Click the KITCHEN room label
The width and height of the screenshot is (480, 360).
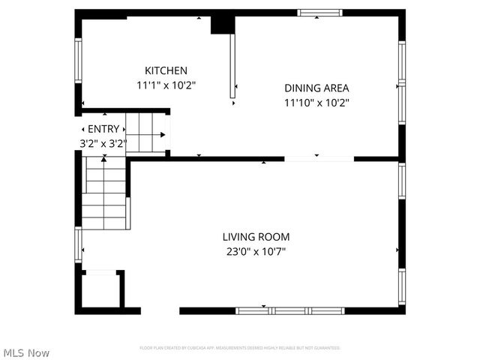(166, 70)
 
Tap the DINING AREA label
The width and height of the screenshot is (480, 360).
(316, 87)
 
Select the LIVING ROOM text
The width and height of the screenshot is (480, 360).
(256, 236)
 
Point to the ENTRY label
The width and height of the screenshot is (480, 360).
(103, 129)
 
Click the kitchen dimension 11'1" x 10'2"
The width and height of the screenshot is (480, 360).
(166, 85)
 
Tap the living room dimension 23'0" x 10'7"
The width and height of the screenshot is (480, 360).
(256, 251)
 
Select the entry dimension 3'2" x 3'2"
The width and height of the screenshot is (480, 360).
(103, 142)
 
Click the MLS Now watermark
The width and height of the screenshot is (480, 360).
(27, 352)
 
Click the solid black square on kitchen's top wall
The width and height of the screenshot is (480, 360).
(222, 23)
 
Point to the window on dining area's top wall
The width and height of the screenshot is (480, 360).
(321, 13)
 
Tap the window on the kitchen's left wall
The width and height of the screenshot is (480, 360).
(77, 59)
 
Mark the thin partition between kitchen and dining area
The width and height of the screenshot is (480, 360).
(232, 66)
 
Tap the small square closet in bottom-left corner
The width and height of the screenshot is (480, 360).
(99, 289)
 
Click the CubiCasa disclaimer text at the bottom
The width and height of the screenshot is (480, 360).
(240, 348)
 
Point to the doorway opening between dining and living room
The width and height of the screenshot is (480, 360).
(319, 158)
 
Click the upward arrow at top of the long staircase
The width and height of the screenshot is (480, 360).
(104, 159)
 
